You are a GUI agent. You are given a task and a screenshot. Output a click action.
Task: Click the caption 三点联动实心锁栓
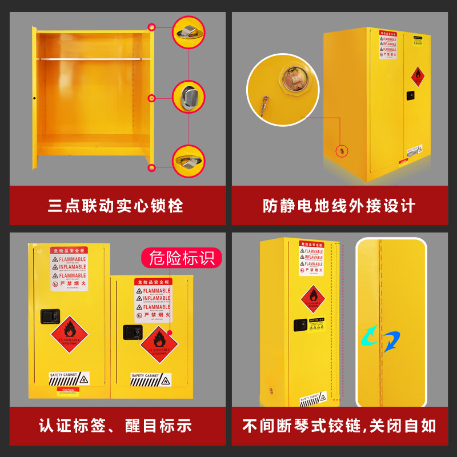[115, 206]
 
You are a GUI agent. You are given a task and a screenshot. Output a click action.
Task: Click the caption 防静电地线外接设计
[339, 206]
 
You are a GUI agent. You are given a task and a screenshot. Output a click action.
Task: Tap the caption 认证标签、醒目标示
[115, 426]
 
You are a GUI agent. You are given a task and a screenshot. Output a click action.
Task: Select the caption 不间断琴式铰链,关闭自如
[339, 426]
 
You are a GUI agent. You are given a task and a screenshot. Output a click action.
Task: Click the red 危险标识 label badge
[182, 258]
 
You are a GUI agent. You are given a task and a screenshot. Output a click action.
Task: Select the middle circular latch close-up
[189, 97]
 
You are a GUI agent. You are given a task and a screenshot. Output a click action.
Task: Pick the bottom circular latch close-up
[189, 161]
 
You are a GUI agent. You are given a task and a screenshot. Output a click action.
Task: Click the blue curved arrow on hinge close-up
[392, 341]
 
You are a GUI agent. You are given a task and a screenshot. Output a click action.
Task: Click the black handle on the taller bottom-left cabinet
[47, 315]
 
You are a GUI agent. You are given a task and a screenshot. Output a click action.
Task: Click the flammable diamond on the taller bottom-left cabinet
[69, 334]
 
